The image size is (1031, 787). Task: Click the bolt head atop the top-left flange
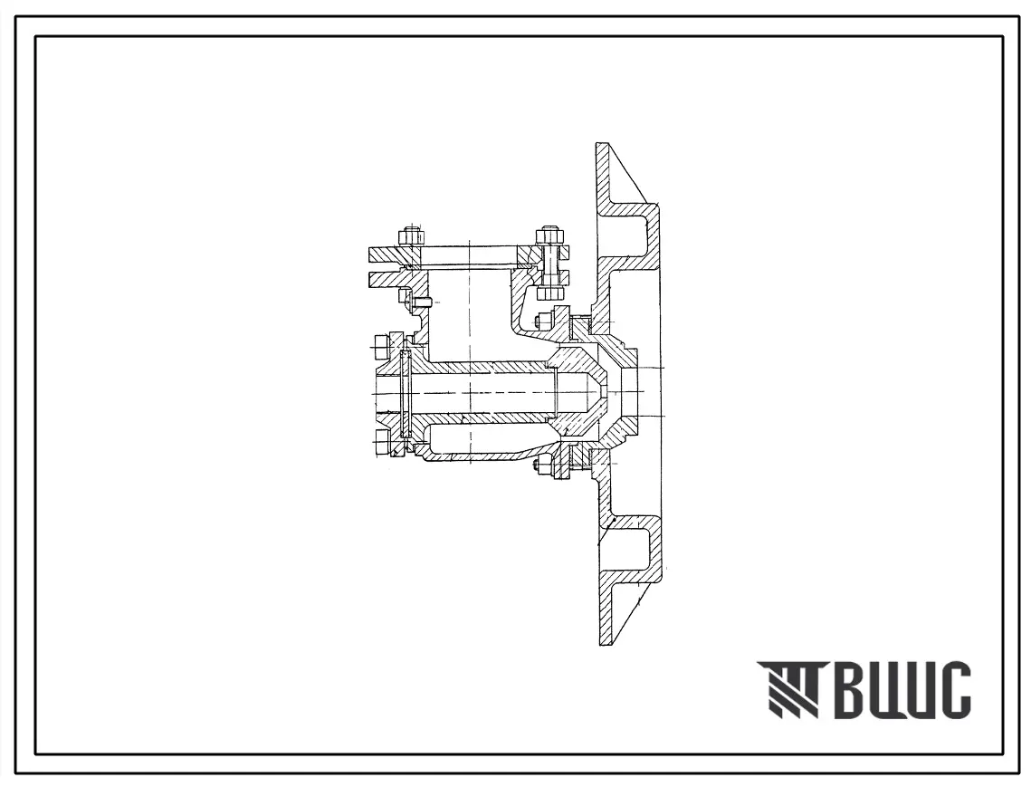pos(410,236)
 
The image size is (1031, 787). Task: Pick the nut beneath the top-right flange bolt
pos(549,293)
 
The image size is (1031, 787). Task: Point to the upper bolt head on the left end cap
pos(383,348)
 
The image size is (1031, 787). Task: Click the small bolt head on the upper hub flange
pos(543,322)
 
